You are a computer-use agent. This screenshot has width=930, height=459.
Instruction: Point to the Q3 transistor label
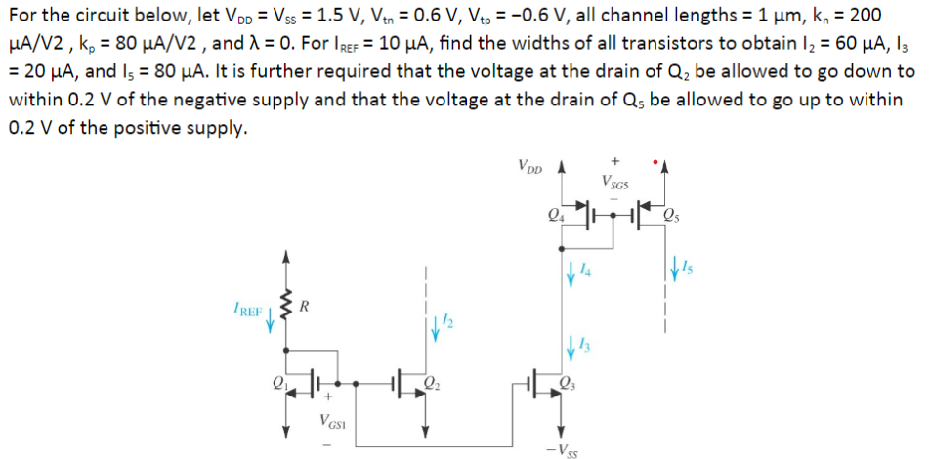570,382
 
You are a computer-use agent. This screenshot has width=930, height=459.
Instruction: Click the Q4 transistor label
558,217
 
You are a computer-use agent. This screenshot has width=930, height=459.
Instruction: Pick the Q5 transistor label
672,217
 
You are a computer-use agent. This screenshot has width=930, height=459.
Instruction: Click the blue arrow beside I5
676,266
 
